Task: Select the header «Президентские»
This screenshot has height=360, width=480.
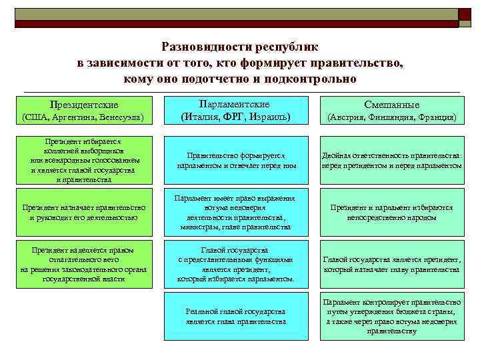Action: (x=84, y=105)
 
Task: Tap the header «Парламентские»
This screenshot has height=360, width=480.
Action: (x=235, y=105)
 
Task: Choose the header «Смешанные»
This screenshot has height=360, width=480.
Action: (x=391, y=105)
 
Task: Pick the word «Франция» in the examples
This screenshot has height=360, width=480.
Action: (x=435, y=117)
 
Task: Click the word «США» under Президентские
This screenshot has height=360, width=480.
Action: (x=35, y=117)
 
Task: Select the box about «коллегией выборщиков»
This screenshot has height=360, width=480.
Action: (x=84, y=161)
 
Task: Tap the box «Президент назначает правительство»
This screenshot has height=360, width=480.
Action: (x=84, y=213)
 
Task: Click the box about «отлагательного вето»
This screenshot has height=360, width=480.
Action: (x=84, y=264)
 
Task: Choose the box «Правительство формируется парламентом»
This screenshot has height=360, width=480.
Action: (x=236, y=161)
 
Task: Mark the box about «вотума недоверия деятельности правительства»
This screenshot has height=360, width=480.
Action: (x=236, y=213)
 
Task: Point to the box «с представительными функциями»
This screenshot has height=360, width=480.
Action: (x=236, y=264)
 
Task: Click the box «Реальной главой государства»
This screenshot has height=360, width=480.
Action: (x=236, y=316)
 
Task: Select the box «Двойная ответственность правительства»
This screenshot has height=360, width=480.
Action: (x=391, y=161)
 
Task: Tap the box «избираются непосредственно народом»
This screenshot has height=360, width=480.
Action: (x=391, y=213)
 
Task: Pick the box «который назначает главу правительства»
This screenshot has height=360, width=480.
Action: (x=391, y=264)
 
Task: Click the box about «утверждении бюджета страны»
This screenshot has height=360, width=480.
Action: (x=391, y=316)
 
